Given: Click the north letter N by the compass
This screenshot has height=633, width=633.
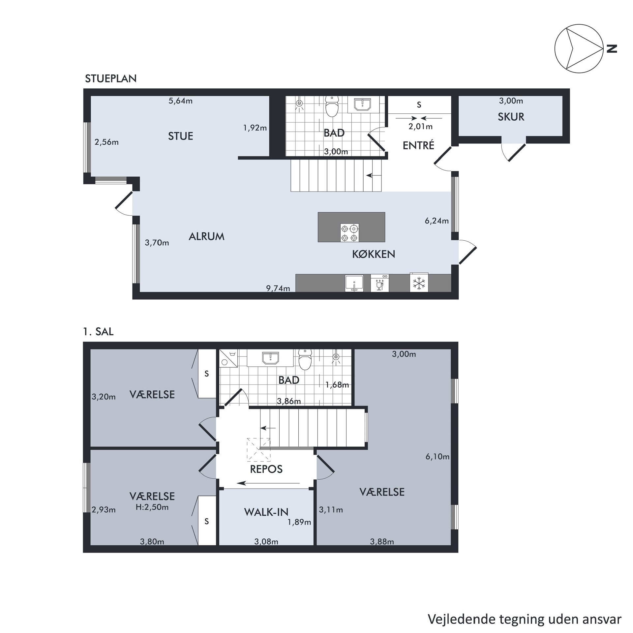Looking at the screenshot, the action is pos(612,49).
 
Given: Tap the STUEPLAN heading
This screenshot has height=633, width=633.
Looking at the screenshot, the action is pos(111,78).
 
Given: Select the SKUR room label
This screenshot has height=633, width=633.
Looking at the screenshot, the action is pos(511,117).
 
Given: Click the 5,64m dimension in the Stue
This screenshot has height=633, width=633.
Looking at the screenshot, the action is pos(180,101).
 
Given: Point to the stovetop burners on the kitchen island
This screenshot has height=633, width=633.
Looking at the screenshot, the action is pos(349,233).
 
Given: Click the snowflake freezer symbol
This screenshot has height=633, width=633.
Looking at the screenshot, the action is pos(419,283).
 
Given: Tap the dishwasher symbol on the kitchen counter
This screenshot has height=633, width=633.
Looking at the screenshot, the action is pos(380,283).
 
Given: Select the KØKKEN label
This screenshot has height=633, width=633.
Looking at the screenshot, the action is pos(374,254).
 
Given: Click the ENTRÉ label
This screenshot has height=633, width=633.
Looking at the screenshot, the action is pos(418,145).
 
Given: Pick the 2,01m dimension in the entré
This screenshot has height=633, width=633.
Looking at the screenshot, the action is pos(420,126).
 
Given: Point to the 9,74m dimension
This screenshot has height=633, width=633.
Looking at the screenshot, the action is pos(278,288).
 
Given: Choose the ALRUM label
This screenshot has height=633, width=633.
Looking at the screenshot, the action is pos(206,236).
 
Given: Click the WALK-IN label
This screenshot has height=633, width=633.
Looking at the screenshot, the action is pos(266,512).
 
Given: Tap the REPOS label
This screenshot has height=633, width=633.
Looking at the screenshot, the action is pos(266,469).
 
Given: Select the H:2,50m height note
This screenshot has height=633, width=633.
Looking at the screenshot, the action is pos(152,507).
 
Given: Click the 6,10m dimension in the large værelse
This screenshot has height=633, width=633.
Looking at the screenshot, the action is pos(437,457).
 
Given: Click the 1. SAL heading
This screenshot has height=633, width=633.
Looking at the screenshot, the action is pos(98,332).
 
